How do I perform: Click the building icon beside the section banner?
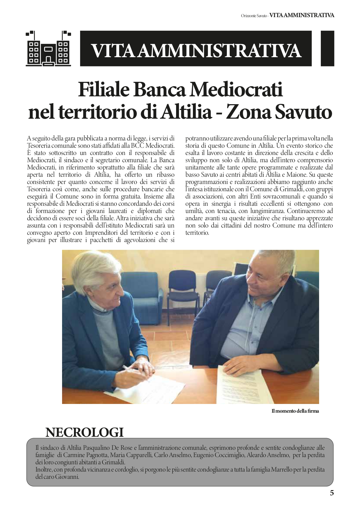[48, 48]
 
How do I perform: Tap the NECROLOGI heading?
[84, 432]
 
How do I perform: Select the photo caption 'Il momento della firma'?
[295, 411]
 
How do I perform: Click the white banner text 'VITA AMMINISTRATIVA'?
[196, 51]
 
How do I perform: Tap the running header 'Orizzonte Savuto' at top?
[254, 16]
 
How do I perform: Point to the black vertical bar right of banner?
[327, 48]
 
